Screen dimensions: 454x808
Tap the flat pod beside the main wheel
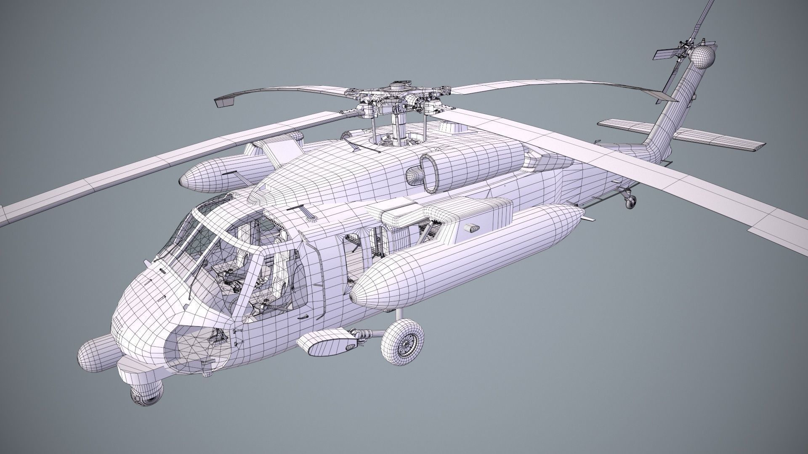[324, 344]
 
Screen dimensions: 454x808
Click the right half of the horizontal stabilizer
[724, 140]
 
